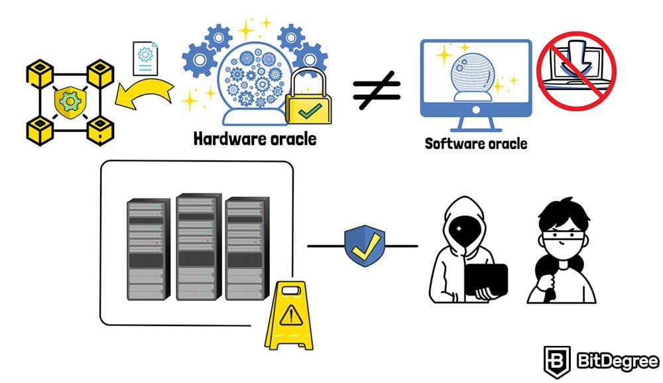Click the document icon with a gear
coord(145,57)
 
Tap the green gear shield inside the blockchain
coord(68,100)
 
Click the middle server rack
coord(198,246)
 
